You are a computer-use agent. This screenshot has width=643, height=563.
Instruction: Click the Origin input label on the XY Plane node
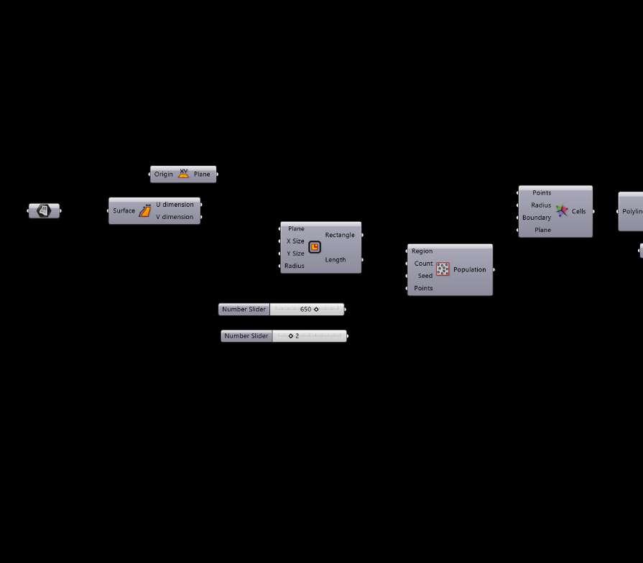click(163, 175)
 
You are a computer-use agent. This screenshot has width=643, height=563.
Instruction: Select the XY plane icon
click(183, 174)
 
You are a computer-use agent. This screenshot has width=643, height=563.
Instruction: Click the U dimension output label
click(175, 205)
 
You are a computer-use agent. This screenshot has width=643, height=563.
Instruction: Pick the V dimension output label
click(175, 217)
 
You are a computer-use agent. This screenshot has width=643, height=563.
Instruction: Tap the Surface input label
click(124, 210)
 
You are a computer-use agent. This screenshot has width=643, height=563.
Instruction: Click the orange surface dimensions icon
click(144, 210)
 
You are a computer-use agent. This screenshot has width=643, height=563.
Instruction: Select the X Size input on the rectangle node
click(295, 241)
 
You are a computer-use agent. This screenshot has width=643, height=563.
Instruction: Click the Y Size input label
click(295, 253)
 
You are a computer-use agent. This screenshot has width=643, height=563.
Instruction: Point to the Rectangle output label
click(340, 235)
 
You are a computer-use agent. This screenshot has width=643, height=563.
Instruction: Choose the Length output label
click(335, 260)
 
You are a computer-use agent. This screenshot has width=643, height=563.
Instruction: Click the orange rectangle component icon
click(315, 247)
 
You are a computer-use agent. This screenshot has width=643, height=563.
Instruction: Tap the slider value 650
click(305, 310)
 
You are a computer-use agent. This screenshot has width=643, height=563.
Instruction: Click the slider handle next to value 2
click(291, 336)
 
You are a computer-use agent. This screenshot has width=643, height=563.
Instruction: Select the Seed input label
click(425, 276)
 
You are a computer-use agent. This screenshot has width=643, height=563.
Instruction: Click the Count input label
click(423, 264)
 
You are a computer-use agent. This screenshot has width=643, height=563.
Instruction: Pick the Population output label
click(470, 269)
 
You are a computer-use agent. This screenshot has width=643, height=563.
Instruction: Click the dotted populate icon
click(443, 269)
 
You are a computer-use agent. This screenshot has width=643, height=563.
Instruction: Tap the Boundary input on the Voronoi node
click(537, 218)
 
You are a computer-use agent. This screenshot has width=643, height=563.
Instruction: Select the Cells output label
click(578, 211)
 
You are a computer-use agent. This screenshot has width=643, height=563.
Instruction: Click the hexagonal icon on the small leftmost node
click(44, 210)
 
